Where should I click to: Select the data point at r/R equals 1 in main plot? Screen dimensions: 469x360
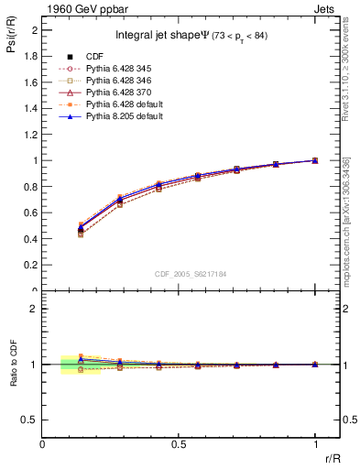tap(315, 160)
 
